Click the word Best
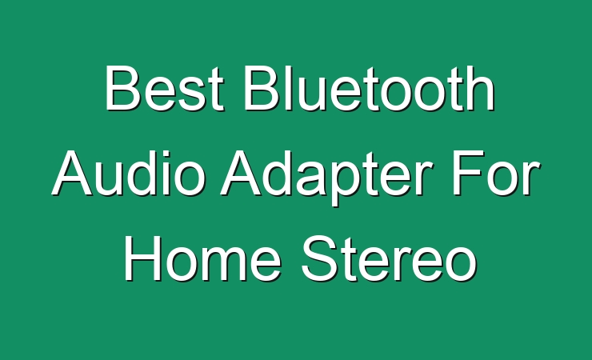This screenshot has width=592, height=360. point(165,88)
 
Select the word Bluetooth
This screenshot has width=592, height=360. point(370,88)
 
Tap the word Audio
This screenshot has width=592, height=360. point(129,174)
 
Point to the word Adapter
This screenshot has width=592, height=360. point(326,178)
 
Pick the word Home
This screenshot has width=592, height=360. point(202,259)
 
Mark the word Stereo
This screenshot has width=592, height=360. point(390,259)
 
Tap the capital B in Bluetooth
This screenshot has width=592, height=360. point(262,88)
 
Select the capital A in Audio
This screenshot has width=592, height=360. point(72,174)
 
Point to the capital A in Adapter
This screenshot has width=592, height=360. point(242,174)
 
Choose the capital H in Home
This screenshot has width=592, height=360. point(142,259)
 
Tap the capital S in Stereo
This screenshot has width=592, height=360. point(319,259)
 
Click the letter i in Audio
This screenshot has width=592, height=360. point(166,174)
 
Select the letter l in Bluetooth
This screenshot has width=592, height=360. point(289,88)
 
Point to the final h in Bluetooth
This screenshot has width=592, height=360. point(481,88)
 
